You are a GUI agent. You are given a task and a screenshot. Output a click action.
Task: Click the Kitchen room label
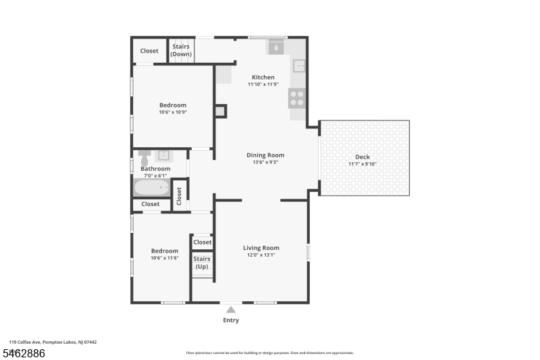tap(263, 77)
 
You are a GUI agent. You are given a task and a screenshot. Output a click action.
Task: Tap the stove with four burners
tap(297, 98)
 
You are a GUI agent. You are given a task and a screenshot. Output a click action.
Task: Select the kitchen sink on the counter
tap(299, 66)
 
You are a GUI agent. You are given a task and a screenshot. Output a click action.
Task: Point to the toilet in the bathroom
tap(144, 158)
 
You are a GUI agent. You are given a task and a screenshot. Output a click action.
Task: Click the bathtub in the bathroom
tap(152, 188)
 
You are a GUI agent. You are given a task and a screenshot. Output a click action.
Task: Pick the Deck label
tap(362, 157)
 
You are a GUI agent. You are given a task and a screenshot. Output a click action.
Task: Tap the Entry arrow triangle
tap(231, 310)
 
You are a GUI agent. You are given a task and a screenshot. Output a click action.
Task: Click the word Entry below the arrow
tap(231, 320)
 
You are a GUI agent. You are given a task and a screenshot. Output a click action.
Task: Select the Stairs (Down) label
tap(181, 50)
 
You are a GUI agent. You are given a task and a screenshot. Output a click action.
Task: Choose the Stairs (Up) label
tap(202, 263)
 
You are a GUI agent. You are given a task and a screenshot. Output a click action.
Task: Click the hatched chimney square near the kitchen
tap(220, 111)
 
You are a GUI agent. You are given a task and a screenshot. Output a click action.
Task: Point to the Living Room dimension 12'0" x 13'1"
tap(261, 255)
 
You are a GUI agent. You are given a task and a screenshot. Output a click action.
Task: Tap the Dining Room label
tap(265, 155)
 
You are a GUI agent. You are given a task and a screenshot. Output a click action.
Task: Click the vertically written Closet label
tap(179, 196)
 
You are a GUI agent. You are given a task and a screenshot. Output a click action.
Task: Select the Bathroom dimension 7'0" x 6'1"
tap(155, 176)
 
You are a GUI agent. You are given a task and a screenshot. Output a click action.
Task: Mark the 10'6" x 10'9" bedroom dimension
tap(173, 112)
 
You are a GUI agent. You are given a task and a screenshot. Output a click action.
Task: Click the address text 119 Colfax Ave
tap(25, 342)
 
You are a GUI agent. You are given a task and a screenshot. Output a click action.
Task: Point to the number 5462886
tap(24, 353)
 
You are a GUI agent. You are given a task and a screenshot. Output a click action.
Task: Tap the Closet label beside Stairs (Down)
tap(149, 51)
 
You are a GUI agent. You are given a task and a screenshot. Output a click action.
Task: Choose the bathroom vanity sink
tap(163, 155)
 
